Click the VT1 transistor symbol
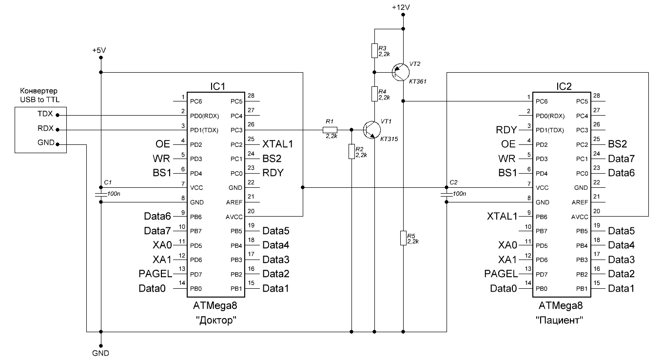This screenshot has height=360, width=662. point(372,130)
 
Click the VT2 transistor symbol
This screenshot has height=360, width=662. point(400,72)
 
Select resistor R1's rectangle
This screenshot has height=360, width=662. point(330,130)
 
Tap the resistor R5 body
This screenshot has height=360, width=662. point(403,238)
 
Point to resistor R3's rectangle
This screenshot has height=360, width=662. point(374,51)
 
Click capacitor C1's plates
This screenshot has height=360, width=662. point(101,195)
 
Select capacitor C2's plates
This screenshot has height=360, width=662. point(446,195)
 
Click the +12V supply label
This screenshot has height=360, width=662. point(401,7)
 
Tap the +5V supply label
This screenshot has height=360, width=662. point(99,50)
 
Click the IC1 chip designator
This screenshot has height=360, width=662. point(218,86)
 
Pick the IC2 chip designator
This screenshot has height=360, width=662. point(564,86)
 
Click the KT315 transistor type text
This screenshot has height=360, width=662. point(389,139)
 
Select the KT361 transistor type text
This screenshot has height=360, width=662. point(418,81)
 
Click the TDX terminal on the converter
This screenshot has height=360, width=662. point(45,114)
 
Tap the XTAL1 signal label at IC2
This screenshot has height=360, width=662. point(502,217)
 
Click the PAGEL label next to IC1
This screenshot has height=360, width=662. point(155,274)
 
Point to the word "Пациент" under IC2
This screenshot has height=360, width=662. point(559,320)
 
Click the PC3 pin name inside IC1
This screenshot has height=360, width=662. point(236,130)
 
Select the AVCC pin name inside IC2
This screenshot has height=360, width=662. point(580,217)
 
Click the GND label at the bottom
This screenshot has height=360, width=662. point(100,353)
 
